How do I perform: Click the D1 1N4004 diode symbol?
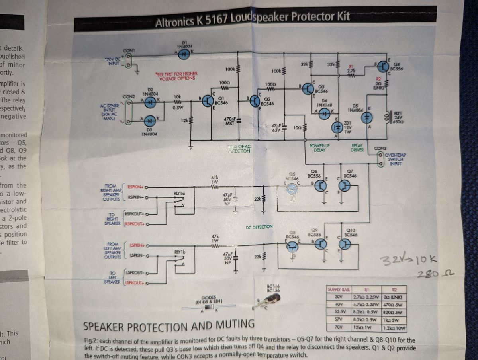coord(184,56)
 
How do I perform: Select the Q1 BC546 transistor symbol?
coord(208,102)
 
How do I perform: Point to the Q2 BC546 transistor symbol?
coord(255,102)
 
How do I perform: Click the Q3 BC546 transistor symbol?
coord(308,89)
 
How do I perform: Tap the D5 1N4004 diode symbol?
coord(366,117)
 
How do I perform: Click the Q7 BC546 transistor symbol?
coord(345,186)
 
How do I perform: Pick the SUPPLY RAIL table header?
coord(338,290)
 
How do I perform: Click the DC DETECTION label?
coord(259,227)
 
